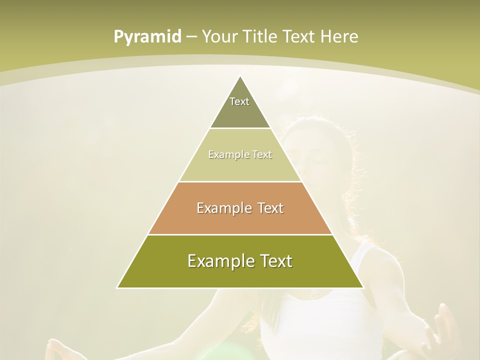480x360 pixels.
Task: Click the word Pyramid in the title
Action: [x=147, y=37]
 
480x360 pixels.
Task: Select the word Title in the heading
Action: [x=262, y=37]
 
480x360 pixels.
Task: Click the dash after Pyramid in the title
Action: [x=191, y=37]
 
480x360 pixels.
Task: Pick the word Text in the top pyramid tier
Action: [x=239, y=101]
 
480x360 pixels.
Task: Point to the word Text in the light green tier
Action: [x=261, y=154]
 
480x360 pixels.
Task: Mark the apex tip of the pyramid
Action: [x=240, y=76]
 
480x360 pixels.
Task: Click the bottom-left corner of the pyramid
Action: [x=117, y=287]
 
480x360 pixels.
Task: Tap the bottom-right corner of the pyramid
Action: [x=363, y=287]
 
